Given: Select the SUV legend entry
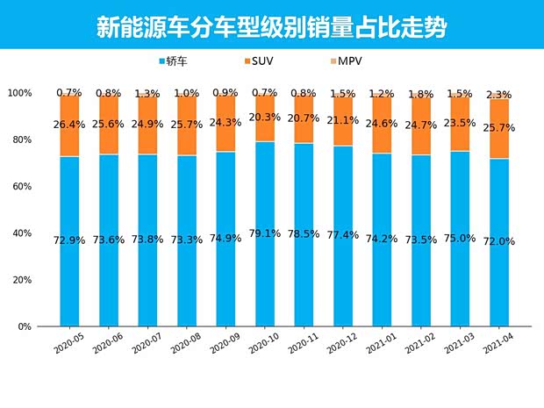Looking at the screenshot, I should (259, 61).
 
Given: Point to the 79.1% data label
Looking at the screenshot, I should (265, 233).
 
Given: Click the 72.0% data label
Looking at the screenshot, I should (498, 241).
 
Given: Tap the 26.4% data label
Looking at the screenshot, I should (69, 125).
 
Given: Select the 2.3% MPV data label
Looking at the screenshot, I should (498, 95).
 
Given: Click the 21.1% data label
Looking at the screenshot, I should (342, 121).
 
